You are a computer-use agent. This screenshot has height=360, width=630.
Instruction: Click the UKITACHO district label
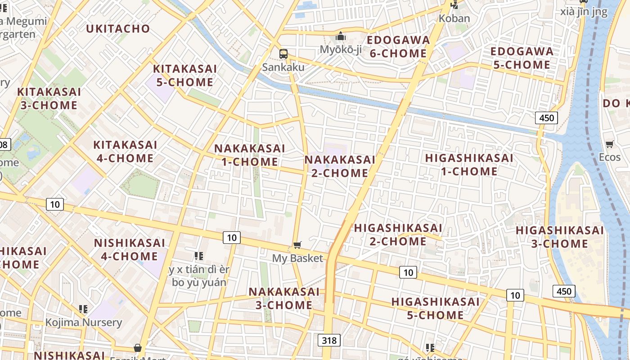point(118,29)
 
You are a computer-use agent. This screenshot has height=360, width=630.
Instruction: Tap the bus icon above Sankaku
point(283,54)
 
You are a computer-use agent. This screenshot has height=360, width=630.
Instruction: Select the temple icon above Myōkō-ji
point(341,36)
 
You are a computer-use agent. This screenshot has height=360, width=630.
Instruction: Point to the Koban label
point(454,18)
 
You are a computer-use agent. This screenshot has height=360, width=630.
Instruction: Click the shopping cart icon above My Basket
point(297,245)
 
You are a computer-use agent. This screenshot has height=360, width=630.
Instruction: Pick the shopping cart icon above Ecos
point(610,144)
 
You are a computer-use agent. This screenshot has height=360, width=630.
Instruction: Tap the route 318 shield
point(329,340)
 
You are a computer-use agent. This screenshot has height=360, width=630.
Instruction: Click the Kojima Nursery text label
point(84,322)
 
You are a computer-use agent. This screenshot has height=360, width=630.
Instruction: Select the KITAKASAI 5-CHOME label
point(185,76)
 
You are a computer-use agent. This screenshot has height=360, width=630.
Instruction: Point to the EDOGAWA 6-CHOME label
point(398,47)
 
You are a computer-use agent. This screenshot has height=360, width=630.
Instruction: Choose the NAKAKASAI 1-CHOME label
point(250,155)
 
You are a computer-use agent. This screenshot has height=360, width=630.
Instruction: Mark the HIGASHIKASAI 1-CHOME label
point(469,165)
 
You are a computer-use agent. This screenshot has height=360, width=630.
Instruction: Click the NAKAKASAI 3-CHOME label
point(284,298)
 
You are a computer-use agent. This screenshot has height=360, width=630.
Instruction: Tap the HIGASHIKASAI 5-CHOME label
point(435,308)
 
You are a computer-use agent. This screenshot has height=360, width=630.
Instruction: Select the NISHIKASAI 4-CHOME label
point(129,250)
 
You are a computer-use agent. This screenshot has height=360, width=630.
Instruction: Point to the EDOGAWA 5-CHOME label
point(522,58)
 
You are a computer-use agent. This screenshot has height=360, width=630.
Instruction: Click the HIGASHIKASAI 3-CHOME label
point(560,237)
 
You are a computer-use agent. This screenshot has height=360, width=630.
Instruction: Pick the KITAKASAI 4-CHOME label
point(125,152)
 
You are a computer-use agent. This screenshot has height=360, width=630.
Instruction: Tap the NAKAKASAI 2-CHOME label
point(340,166)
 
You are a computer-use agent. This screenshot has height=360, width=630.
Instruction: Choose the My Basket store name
point(297,258)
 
